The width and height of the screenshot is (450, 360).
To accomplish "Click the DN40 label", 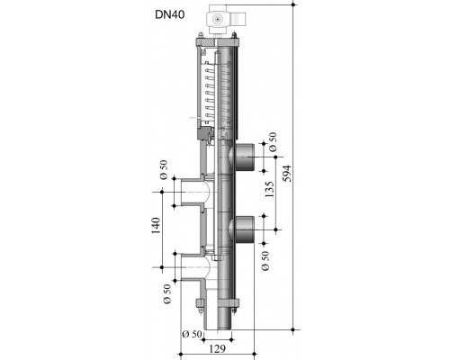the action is (x=169, y=14).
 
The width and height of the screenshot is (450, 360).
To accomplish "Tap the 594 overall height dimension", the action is (x=287, y=173).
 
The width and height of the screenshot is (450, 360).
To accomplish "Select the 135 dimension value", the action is (x=270, y=189).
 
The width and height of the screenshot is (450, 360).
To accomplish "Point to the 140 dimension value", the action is (x=156, y=226).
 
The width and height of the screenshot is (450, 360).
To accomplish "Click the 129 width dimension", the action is (x=217, y=348).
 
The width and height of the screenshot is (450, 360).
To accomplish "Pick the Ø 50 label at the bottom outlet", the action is (x=192, y=334).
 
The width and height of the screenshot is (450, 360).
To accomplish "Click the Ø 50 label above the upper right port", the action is (x=273, y=142).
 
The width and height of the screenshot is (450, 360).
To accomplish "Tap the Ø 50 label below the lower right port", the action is (x=265, y=261).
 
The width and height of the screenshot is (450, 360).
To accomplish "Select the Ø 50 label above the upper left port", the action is (x=164, y=170).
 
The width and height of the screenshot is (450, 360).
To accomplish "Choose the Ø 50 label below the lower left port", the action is (x=167, y=294).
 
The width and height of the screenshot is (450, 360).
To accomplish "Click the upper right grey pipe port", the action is (x=244, y=157).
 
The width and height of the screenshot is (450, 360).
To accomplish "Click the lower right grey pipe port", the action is (x=244, y=229).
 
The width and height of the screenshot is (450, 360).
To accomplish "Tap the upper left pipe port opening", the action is (x=193, y=192).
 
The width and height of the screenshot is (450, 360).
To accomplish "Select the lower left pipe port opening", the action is (x=193, y=267).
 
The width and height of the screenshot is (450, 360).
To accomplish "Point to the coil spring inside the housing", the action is (x=209, y=93).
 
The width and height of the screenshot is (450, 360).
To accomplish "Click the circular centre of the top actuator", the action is (x=217, y=20).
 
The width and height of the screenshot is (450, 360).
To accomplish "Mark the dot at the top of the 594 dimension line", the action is (x=293, y=4).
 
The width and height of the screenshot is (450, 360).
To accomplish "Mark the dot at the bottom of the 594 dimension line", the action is (x=293, y=329).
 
